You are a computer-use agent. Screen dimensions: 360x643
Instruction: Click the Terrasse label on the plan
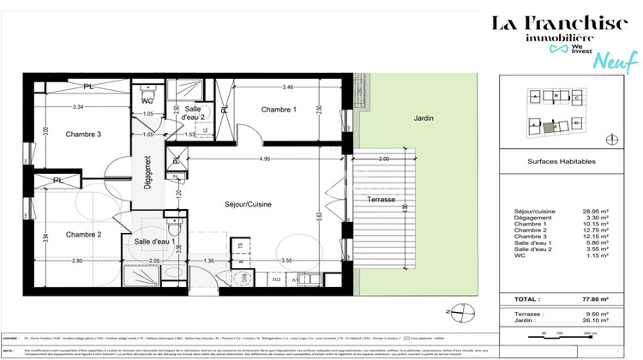[381, 199]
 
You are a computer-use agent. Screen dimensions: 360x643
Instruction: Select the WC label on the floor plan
[147, 100]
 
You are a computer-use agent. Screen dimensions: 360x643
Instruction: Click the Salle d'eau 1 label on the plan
[154, 243]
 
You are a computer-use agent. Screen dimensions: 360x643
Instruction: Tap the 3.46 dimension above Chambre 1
[288, 87]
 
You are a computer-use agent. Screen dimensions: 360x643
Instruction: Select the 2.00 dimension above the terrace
[383, 159]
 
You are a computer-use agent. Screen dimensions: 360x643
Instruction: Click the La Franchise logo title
[558, 24]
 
